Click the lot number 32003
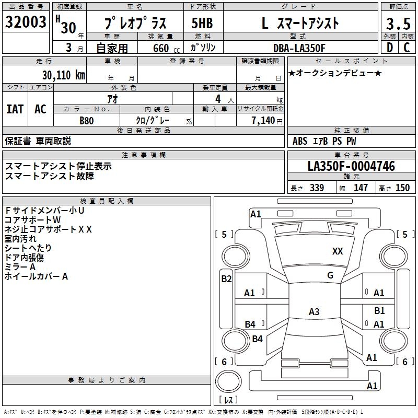(26, 24)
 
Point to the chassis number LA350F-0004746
(351, 166)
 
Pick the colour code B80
(87, 120)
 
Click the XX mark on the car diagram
(338, 251)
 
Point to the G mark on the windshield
(330, 275)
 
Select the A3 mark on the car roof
(314, 312)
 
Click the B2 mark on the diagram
(226, 278)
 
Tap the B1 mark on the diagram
(379, 311)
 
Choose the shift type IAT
(15, 109)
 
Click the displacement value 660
(161, 48)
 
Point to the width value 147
(361, 188)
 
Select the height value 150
(403, 188)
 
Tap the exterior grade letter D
(389, 48)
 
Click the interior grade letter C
(407, 48)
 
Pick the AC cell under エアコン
(40, 109)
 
